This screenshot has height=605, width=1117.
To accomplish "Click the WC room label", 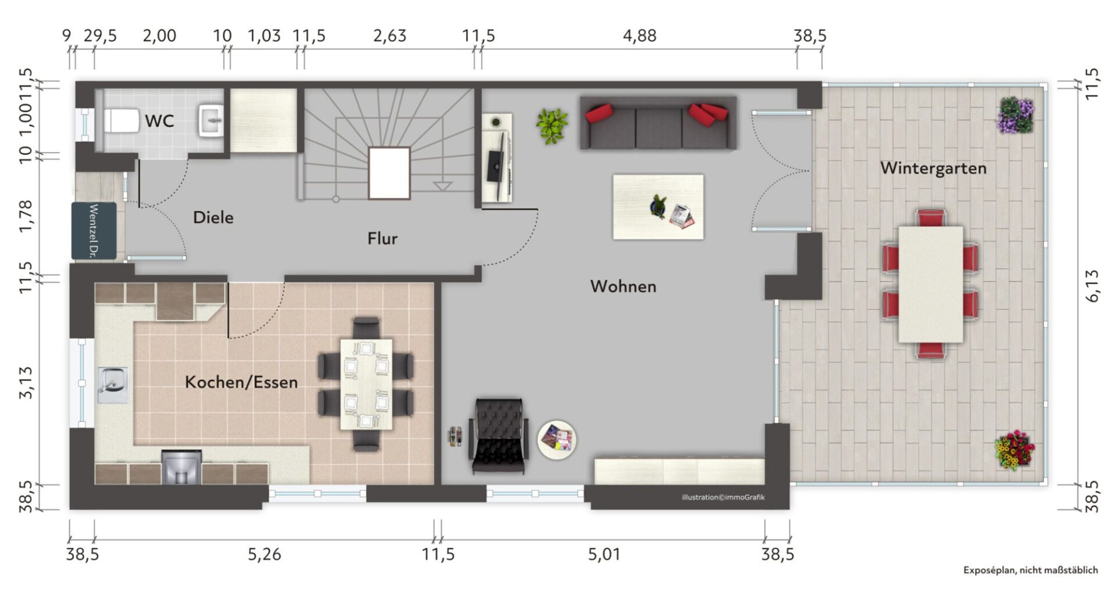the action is pyautogui.click(x=159, y=121).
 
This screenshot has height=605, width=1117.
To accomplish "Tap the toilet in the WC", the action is pyautogui.click(x=121, y=121).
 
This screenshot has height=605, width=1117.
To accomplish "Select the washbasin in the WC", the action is pyautogui.click(x=211, y=120).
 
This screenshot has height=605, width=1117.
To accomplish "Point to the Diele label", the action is pyautogui.click(x=213, y=218).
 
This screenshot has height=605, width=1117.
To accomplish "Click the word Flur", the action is pyautogui.click(x=382, y=239).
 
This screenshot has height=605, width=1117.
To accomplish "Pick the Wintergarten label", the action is pyautogui.click(x=933, y=168).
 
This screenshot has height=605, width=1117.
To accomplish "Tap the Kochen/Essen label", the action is pyautogui.click(x=241, y=382).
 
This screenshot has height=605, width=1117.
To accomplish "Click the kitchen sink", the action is pyautogui.click(x=113, y=385).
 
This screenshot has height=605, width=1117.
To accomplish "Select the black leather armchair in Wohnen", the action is pyautogui.click(x=499, y=435).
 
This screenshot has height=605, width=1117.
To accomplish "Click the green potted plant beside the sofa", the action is pyautogui.click(x=552, y=126).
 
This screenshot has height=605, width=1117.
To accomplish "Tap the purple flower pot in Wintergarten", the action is pyautogui.click(x=1016, y=115).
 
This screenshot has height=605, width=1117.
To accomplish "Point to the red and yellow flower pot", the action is pyautogui.click(x=1015, y=450).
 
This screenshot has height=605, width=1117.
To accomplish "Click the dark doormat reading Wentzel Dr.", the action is pyautogui.click(x=94, y=231).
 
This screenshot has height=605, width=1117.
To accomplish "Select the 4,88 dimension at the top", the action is pyautogui.click(x=639, y=36).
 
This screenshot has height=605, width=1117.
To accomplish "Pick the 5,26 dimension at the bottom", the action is pyautogui.click(x=264, y=554).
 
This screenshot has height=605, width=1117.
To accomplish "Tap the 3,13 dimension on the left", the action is pyautogui.click(x=26, y=382).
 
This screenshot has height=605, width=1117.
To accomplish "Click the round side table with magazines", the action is pyautogui.click(x=557, y=440).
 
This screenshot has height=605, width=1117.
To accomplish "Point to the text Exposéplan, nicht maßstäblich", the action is pyautogui.click(x=1030, y=570).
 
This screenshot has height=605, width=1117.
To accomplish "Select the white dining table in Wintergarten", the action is pyautogui.click(x=930, y=284).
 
